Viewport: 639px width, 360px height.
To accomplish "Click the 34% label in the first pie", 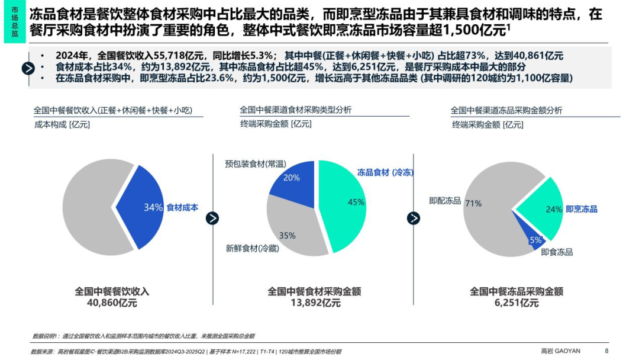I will (x=153, y=208).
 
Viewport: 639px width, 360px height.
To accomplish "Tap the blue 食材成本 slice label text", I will (x=182, y=208).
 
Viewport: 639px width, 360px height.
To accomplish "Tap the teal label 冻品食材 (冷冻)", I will (x=385, y=172).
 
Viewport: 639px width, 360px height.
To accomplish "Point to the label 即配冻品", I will (x=445, y=201).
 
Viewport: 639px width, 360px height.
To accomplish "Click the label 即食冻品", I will (x=557, y=252).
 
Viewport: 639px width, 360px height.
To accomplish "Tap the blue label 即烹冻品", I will (x=582, y=209).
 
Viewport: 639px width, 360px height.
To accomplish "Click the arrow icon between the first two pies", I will (x=212, y=218).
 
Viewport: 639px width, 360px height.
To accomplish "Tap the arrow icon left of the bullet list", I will (x=28, y=68).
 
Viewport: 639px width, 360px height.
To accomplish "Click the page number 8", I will (x=606, y=351).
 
